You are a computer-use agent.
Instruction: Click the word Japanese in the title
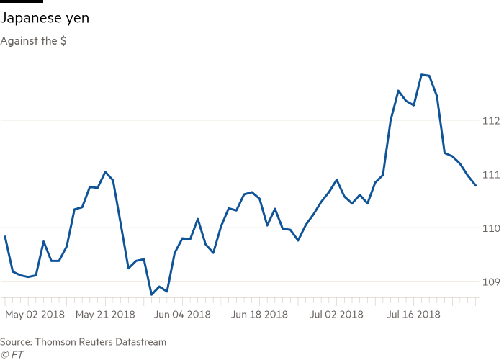(30, 19)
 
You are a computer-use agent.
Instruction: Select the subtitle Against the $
(33, 41)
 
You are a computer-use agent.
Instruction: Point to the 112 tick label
(491, 121)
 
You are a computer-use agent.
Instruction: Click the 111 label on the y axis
(491, 174)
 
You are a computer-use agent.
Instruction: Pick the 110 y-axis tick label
(491, 228)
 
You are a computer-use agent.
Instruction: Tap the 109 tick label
(491, 281)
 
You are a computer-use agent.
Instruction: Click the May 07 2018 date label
(34, 315)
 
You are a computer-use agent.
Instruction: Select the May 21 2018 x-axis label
(105, 315)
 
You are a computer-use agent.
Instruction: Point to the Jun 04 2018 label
(183, 315)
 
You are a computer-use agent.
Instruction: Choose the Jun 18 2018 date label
(261, 315)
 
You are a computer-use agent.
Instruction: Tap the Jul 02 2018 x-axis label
(336, 315)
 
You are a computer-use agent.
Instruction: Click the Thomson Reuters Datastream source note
(83, 342)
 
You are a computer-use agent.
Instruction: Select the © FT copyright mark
(11, 354)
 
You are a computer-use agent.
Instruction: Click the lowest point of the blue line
(151, 294)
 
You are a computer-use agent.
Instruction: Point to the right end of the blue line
(476, 186)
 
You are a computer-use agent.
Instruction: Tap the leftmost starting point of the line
(4, 235)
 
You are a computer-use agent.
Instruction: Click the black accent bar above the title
(22, 2)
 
